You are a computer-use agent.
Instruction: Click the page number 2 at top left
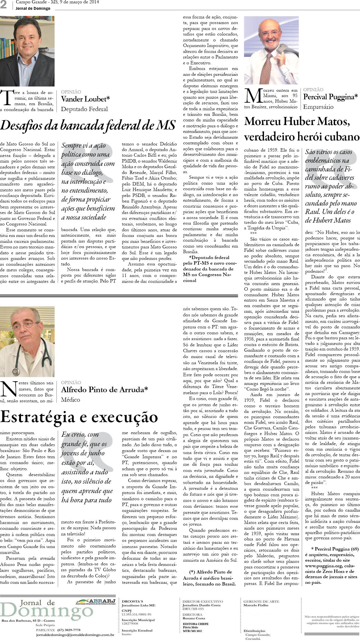tap(4, 5)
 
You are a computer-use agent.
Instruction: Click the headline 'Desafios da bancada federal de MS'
tap(88, 126)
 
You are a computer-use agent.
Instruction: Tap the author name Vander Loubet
tap(85, 99)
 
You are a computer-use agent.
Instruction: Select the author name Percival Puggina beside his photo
tap(330, 97)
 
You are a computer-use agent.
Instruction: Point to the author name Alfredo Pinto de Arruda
tap(104, 389)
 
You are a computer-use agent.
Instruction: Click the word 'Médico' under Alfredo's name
tap(71, 400)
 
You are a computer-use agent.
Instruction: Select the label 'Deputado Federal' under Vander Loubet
tap(84, 109)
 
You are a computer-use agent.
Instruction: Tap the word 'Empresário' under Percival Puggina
tap(318, 107)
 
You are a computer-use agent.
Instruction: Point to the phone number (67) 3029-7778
tap(69, 630)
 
